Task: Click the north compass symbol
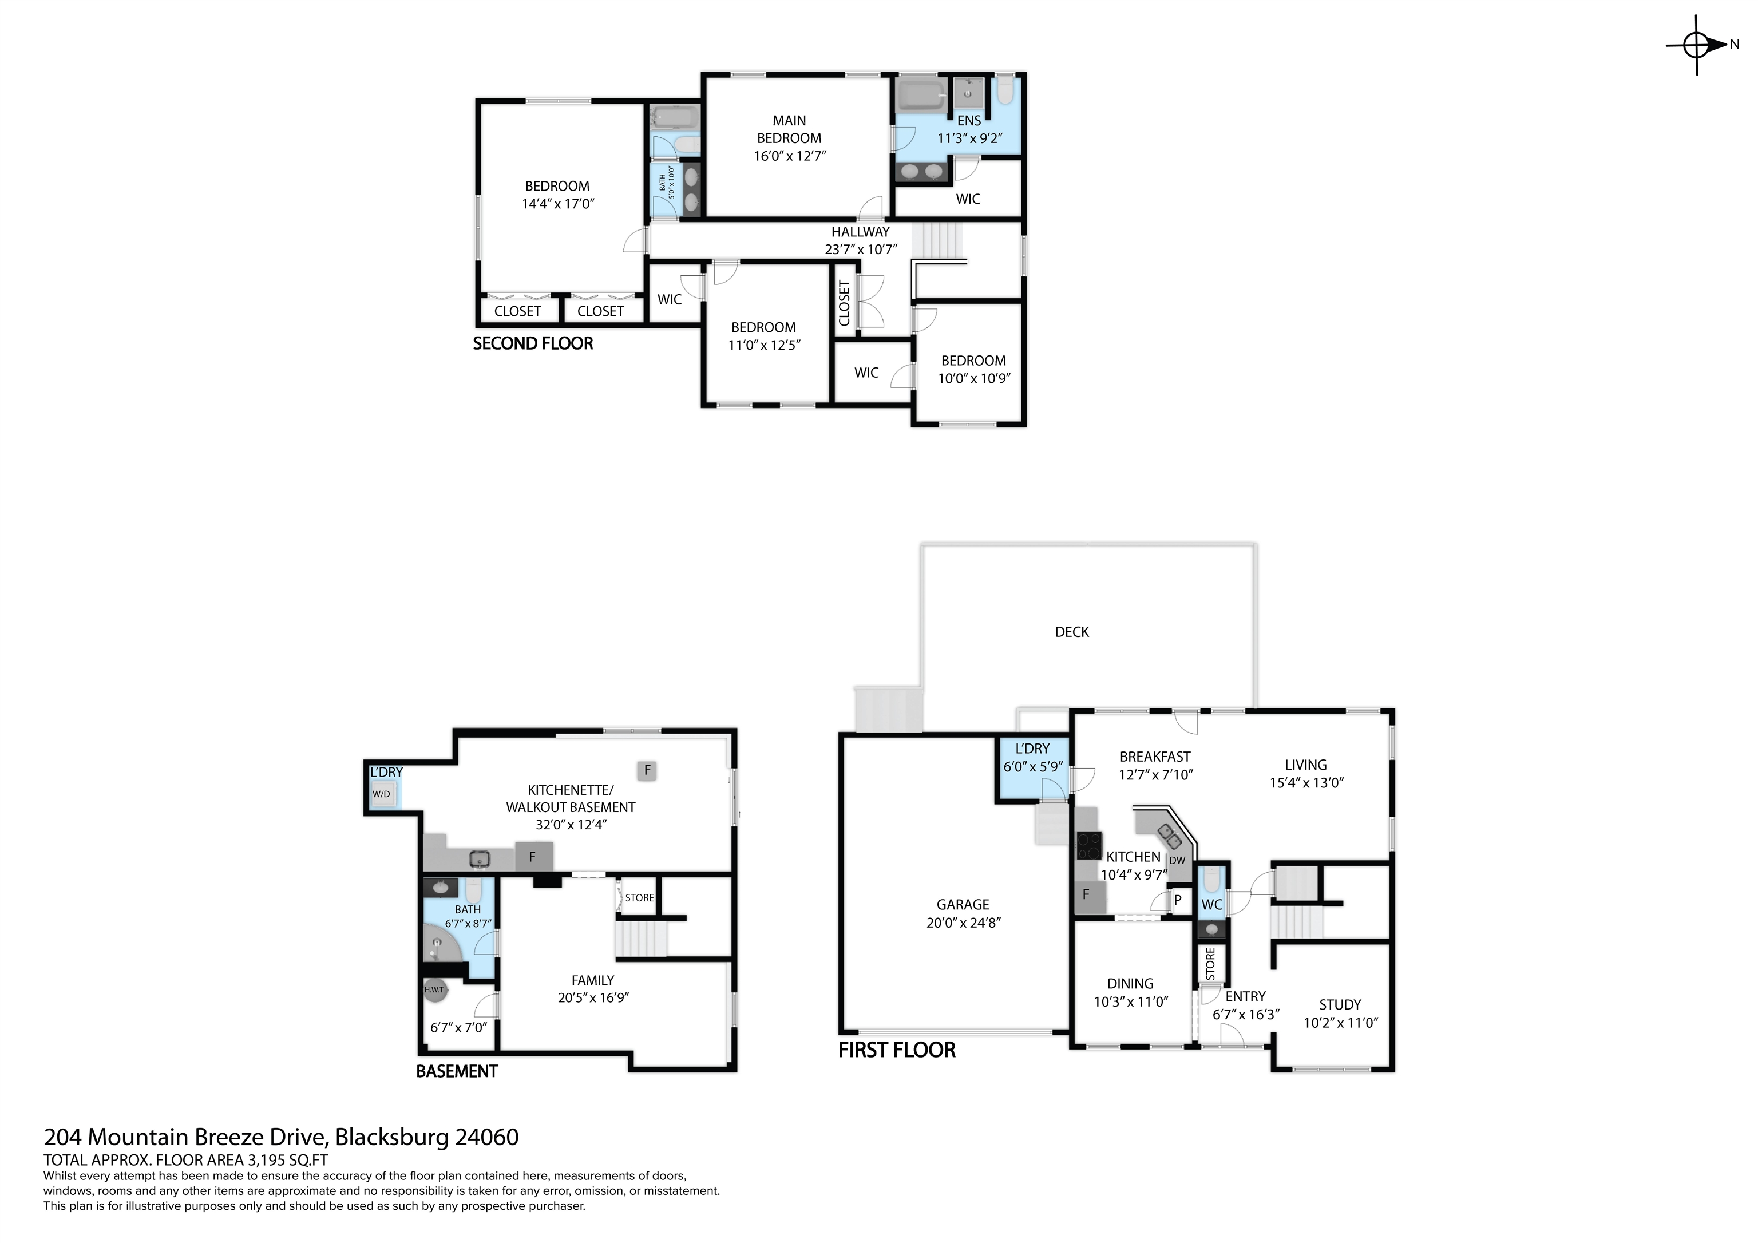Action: (1697, 45)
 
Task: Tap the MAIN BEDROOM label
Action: (789, 129)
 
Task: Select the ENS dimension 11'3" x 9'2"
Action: (969, 138)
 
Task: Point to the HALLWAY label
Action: (861, 231)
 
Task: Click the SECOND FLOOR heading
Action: (533, 343)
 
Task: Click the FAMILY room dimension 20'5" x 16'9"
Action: (593, 997)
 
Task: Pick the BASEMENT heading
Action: (457, 1071)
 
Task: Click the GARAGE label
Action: (963, 904)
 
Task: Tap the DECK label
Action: (1071, 632)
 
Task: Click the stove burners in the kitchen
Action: (1089, 845)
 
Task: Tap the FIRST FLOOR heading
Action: (897, 1050)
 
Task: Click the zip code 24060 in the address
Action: (487, 1137)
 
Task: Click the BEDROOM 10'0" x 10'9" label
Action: (974, 369)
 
